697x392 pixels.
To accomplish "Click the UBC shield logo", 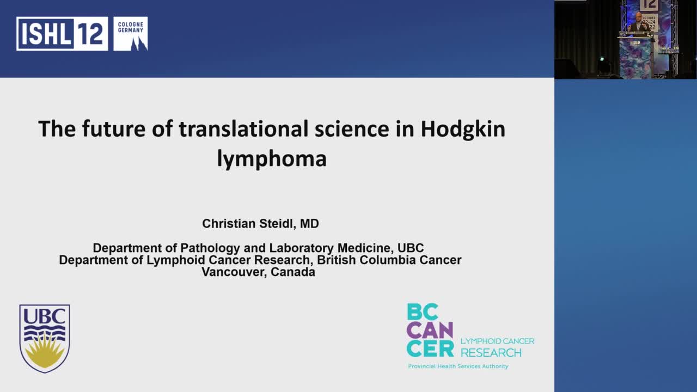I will pyautogui.click(x=45, y=338).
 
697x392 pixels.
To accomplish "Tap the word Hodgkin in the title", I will pyautogui.click(x=463, y=129).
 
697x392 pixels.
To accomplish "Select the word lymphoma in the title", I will pyautogui.click(x=272, y=158).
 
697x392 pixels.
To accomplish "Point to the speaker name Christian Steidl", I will pyautogui.click(x=260, y=224).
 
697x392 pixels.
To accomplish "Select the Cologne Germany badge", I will pyautogui.click(x=131, y=34).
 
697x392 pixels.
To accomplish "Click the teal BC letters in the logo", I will pyautogui.click(x=423, y=312).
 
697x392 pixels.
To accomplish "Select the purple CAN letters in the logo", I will pyautogui.click(x=430, y=330).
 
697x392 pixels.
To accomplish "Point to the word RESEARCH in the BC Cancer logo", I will pyautogui.click(x=491, y=353).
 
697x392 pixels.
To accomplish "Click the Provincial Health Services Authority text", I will pyautogui.click(x=458, y=366).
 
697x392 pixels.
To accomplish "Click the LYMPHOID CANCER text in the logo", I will pyautogui.click(x=497, y=341).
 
